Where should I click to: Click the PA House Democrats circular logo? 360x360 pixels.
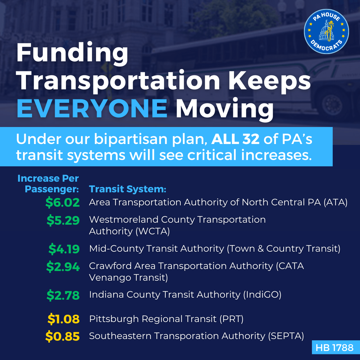point(326,32)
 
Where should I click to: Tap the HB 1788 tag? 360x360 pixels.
point(336,347)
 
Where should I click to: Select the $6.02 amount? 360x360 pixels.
point(62,203)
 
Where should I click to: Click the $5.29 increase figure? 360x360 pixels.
point(63,220)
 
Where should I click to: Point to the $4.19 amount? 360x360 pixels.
point(64,249)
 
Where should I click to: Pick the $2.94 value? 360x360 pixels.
point(63,267)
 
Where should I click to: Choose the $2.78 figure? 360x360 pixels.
point(63,295)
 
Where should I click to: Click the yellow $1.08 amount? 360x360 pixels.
point(64,319)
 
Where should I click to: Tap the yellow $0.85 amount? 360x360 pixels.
point(62,336)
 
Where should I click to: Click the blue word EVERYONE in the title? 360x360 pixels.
point(92,108)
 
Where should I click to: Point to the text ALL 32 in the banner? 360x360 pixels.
point(235,139)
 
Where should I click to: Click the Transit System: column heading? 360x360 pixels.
point(127,189)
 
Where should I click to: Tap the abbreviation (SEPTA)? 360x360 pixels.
point(286,336)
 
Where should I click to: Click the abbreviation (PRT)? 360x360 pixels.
point(231,319)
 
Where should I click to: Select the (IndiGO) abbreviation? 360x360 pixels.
point(262,295)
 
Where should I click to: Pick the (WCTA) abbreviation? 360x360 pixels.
point(153,231)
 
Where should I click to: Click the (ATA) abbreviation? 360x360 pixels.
point(335,203)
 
